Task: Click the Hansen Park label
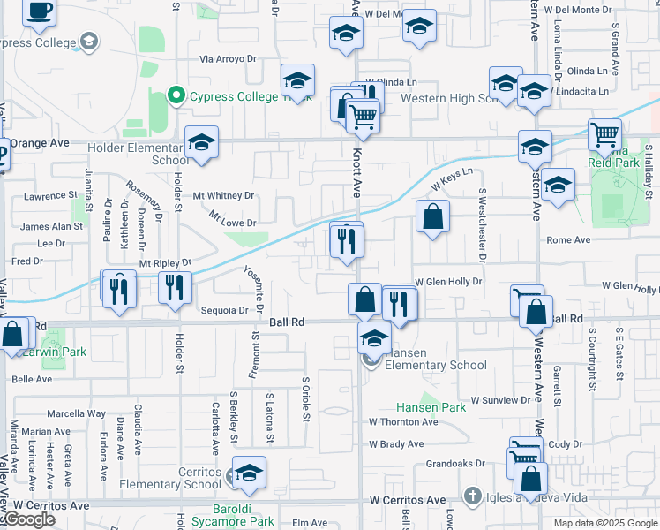430,407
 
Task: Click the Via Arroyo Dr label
228,59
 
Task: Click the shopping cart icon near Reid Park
604,135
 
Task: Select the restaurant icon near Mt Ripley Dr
175,286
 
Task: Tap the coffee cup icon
39,11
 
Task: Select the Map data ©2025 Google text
604,523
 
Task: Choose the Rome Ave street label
568,239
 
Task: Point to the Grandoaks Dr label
455,463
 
